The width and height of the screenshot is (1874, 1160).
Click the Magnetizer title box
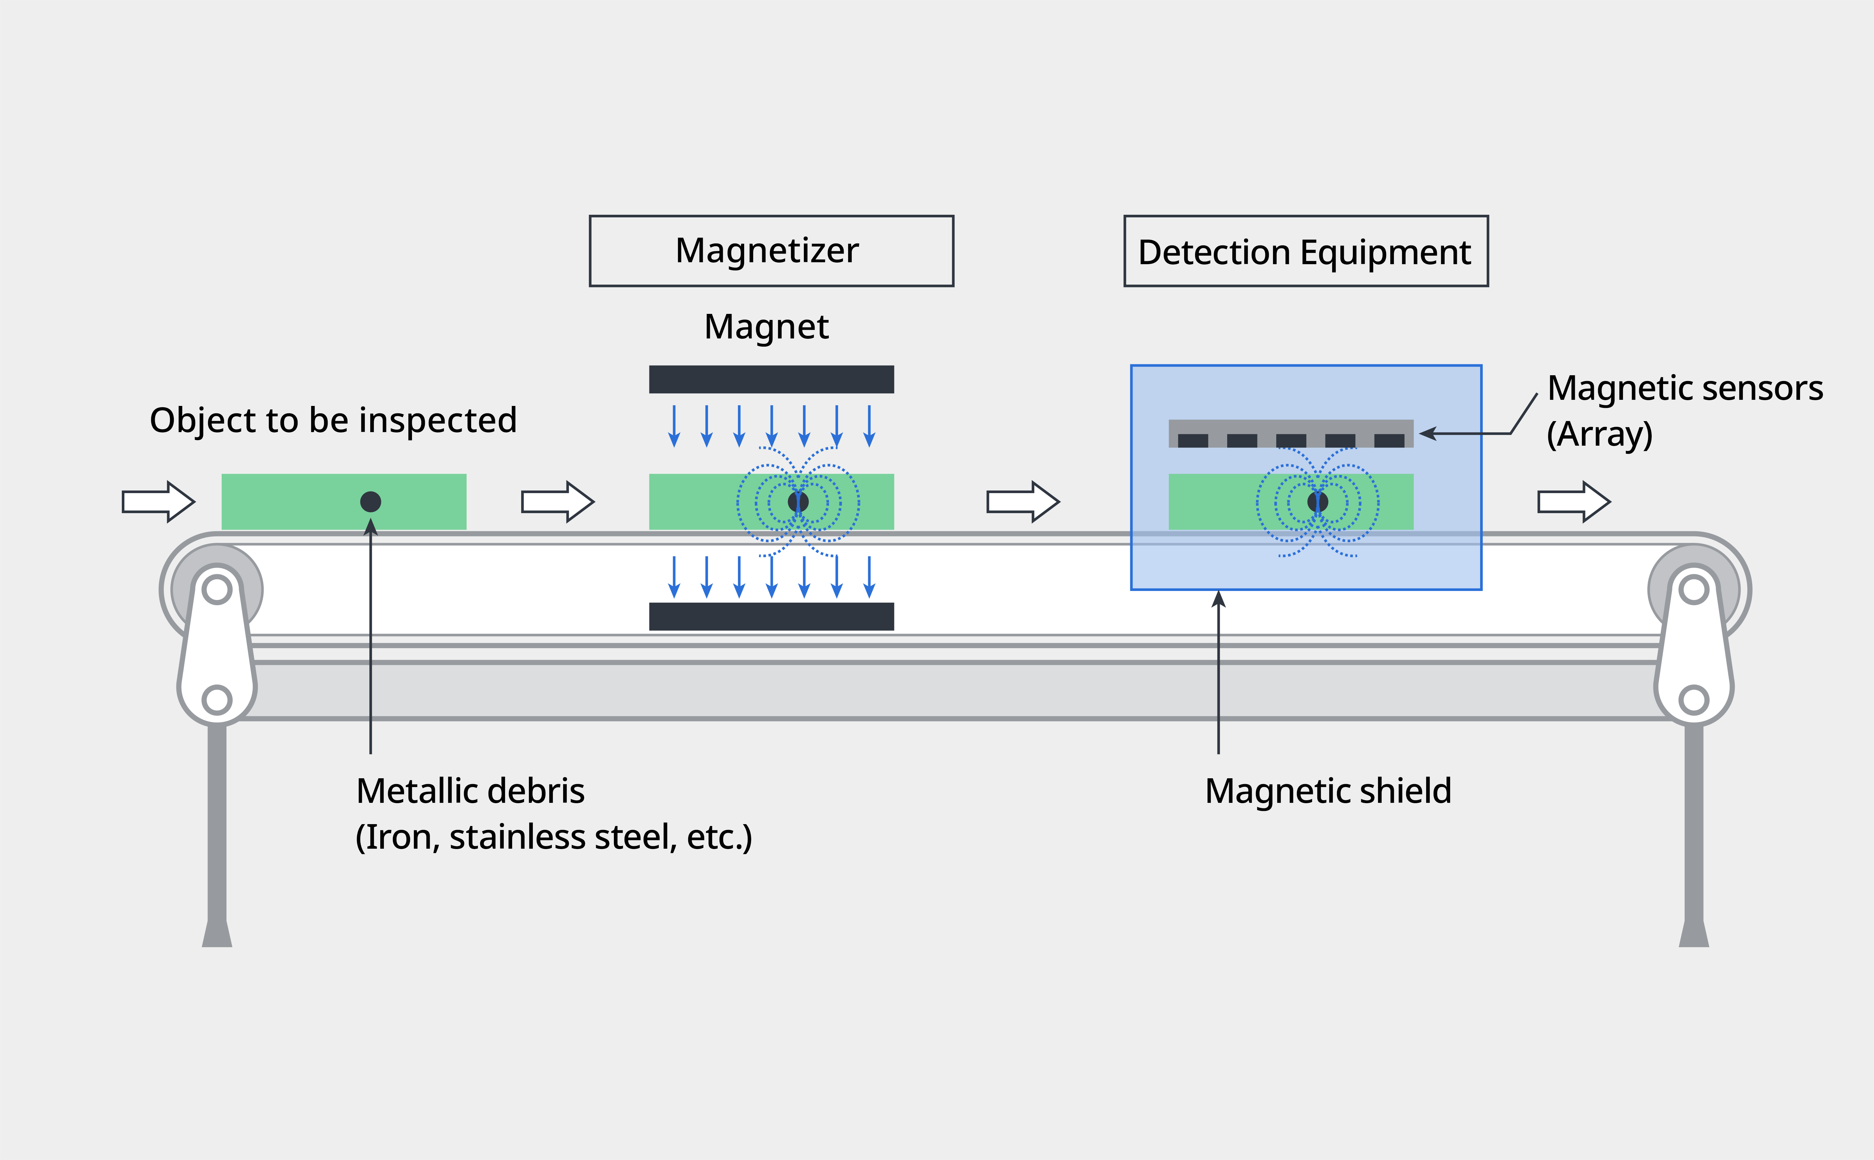pyautogui.click(x=771, y=251)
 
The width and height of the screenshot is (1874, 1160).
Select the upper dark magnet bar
pyautogui.click(x=771, y=379)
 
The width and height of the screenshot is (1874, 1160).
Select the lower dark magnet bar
pyautogui.click(x=771, y=616)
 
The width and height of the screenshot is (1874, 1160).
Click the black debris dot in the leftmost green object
pyautogui.click(x=371, y=502)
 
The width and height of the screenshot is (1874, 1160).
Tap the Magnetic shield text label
pyautogui.click(x=1328, y=791)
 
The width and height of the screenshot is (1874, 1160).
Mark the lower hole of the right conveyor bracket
pyautogui.click(x=1694, y=700)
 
